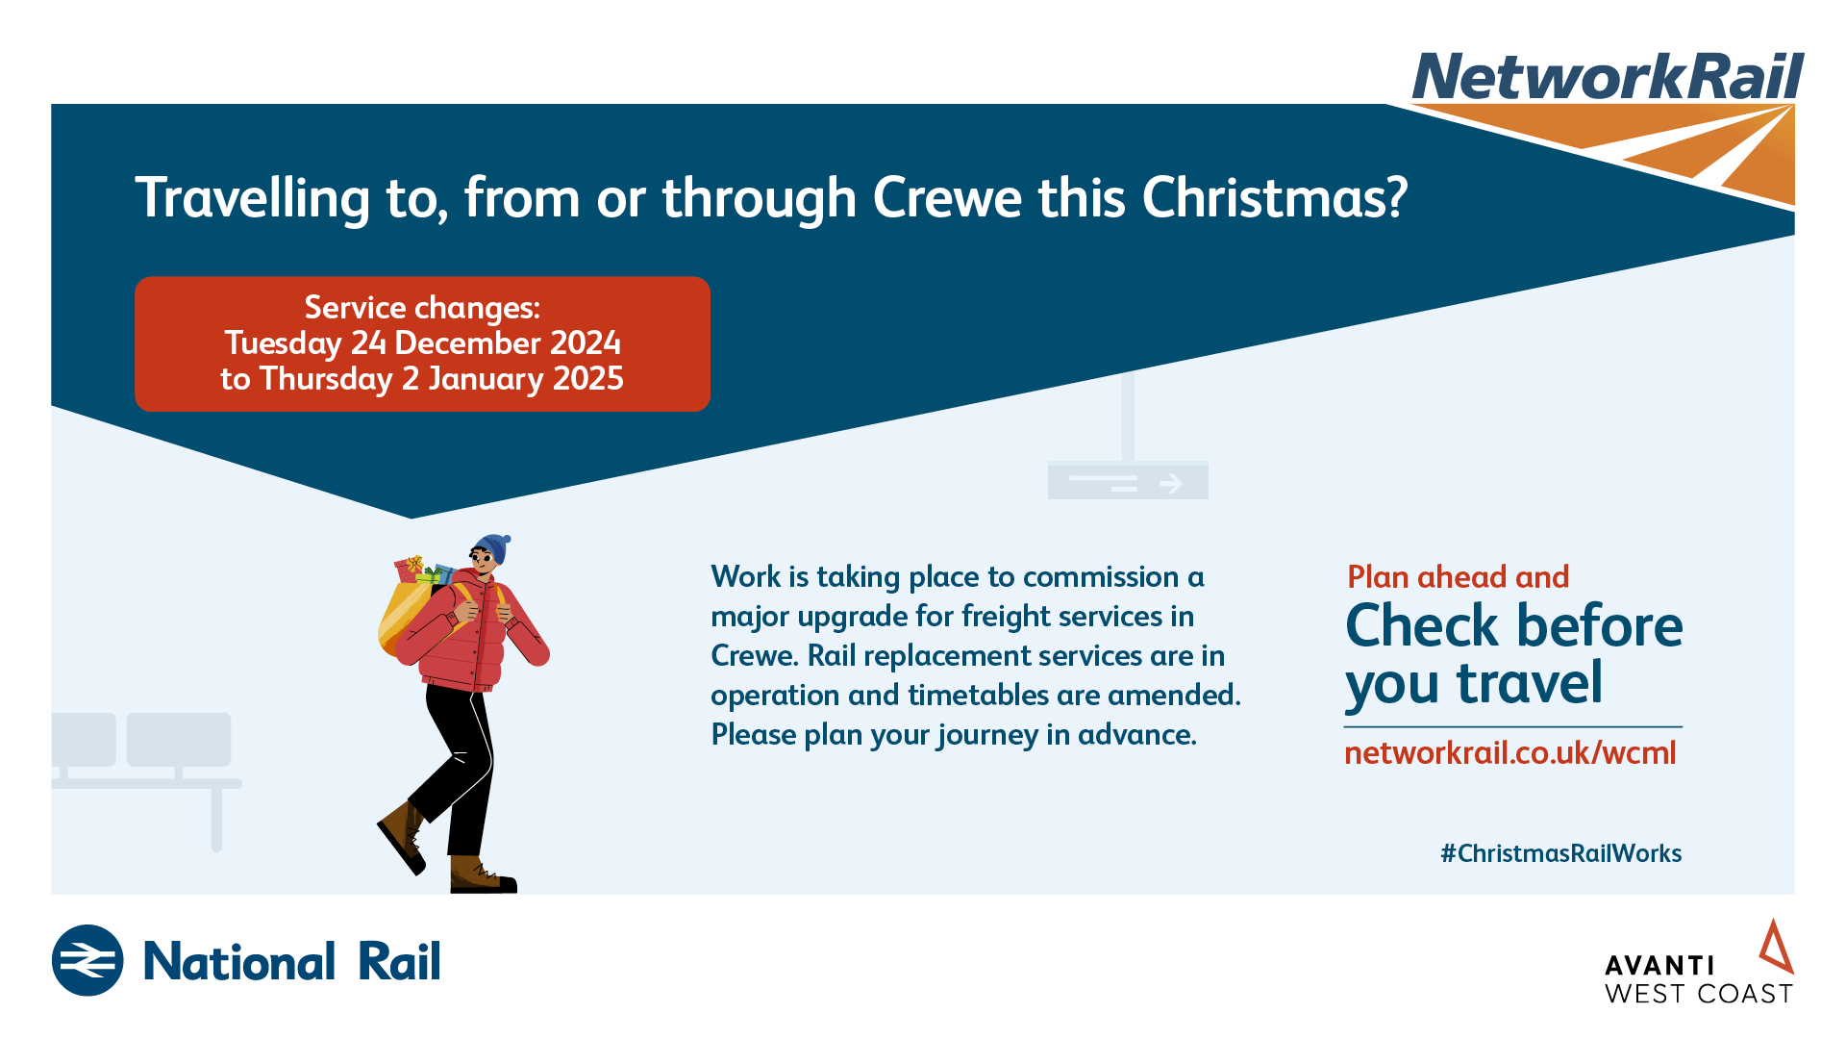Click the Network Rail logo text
(1608, 77)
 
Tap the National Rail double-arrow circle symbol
(87, 960)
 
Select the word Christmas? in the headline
(1275, 198)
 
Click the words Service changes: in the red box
(422, 308)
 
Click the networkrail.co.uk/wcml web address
(1510, 752)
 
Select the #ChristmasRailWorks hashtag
(1561, 853)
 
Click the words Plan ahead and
(1459, 577)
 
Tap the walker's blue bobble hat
(492, 547)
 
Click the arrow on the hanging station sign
(1171, 483)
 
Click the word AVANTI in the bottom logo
(1659, 965)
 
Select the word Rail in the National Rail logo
(399, 961)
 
